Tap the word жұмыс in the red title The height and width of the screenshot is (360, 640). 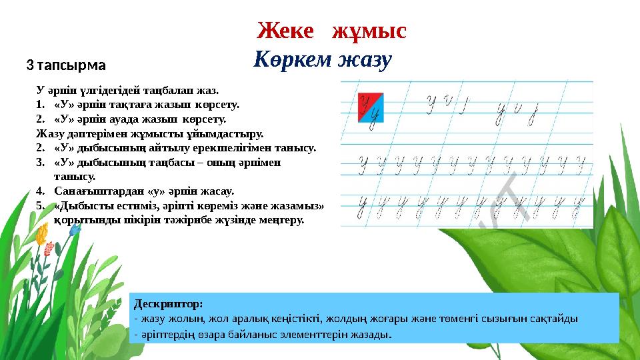(x=370, y=31)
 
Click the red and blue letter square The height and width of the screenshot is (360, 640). (x=371, y=107)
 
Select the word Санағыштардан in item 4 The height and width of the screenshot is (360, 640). (x=93, y=190)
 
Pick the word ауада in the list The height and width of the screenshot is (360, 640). (x=118, y=119)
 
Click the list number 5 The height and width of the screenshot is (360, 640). (x=41, y=205)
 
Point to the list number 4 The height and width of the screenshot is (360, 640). (x=41, y=190)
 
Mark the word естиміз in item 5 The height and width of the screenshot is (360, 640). (x=138, y=205)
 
